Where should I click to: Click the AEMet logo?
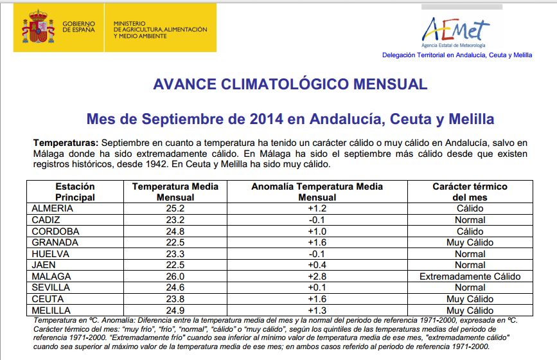[x=454, y=31]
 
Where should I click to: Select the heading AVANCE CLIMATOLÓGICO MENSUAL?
[x=290, y=84]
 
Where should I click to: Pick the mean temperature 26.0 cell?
[x=175, y=276]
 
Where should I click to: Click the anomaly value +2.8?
[x=317, y=276]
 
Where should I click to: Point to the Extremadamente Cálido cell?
[x=470, y=276]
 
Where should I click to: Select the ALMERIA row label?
[x=52, y=208]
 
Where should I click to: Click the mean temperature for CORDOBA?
[x=175, y=231]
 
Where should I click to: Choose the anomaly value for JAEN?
[x=317, y=265]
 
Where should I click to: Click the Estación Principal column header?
[x=75, y=192]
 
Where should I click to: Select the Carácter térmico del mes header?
[x=470, y=192]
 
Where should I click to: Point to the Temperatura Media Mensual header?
[x=175, y=192]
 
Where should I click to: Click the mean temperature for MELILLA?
[x=175, y=310]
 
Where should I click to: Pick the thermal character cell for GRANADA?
[x=470, y=242]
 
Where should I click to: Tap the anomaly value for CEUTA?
[x=317, y=299]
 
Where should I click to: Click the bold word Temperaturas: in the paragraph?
[x=66, y=142]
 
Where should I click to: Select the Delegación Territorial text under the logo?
[x=457, y=55]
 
